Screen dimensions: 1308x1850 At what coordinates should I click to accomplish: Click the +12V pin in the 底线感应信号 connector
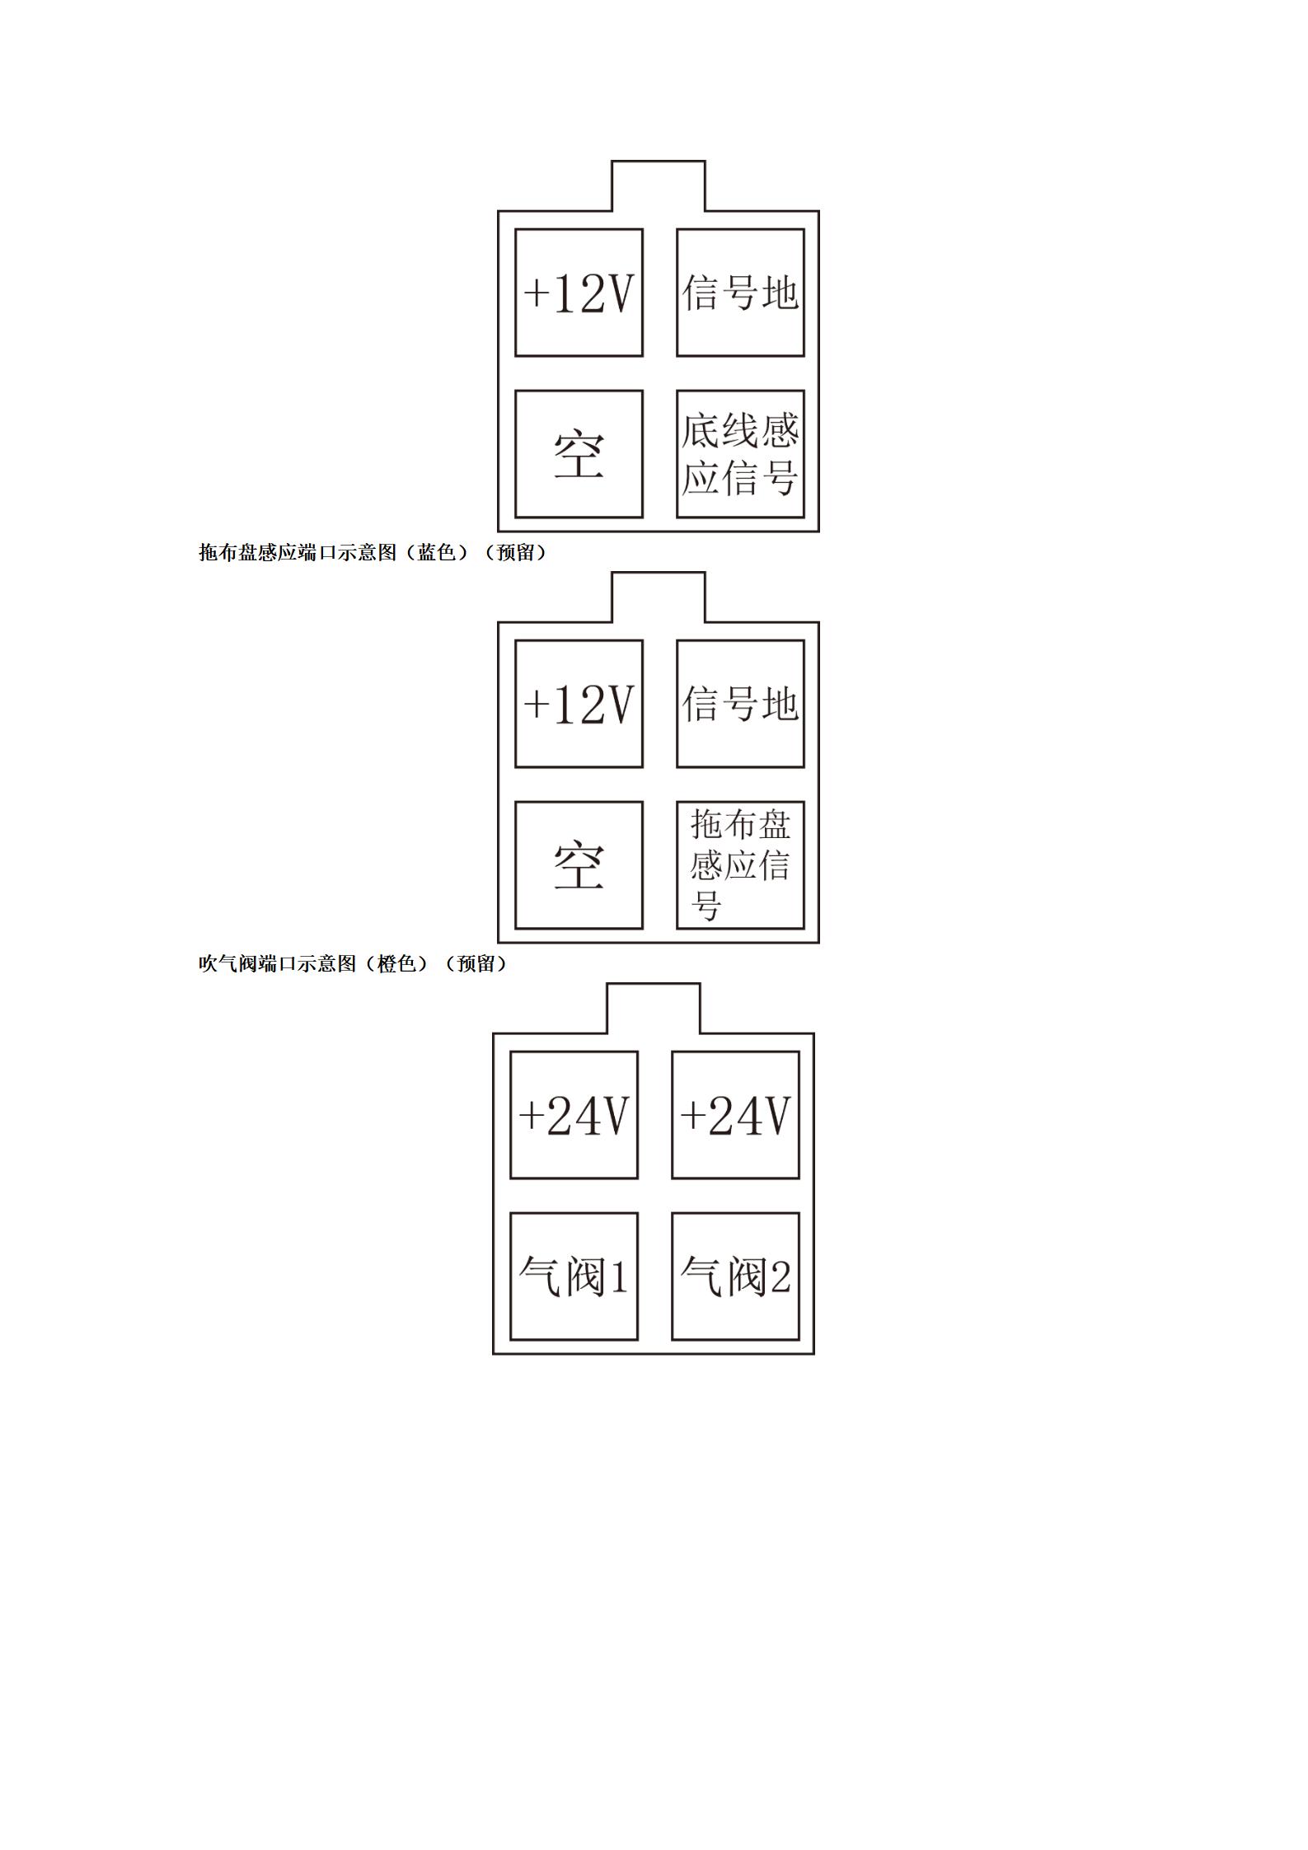pos(579,293)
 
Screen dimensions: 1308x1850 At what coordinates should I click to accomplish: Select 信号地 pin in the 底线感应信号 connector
pos(740,293)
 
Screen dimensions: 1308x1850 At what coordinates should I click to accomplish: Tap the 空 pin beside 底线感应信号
pos(579,454)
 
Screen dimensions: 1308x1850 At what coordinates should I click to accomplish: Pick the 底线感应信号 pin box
pos(740,454)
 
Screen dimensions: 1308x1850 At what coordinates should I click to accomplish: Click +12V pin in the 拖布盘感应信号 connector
pos(579,704)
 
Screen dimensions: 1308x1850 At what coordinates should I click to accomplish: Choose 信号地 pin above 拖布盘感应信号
pos(740,704)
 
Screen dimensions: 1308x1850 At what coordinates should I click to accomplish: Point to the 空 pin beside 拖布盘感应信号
pos(579,865)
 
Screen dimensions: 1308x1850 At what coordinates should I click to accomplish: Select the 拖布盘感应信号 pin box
pos(740,865)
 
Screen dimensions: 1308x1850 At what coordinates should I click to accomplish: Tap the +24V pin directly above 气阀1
pos(574,1115)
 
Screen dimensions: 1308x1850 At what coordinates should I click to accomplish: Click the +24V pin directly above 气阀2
pos(735,1115)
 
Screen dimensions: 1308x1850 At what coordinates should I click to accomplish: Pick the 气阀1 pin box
pos(574,1276)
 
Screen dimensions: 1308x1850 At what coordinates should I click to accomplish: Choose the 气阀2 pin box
pos(735,1276)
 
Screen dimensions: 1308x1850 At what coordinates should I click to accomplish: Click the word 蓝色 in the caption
pos(437,552)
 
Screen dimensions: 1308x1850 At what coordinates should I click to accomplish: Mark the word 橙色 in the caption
pos(397,963)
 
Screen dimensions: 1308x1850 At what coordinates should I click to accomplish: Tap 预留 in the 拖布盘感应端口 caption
pos(517,552)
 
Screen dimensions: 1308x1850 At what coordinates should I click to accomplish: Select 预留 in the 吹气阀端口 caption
pos(477,963)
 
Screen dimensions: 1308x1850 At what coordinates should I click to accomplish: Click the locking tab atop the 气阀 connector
pos(654,984)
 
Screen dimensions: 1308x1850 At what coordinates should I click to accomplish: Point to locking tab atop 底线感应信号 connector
pos(659,162)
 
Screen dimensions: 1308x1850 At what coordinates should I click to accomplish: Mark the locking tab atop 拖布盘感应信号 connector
pos(659,573)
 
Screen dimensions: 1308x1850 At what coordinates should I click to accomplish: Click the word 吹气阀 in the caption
pos(228,963)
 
